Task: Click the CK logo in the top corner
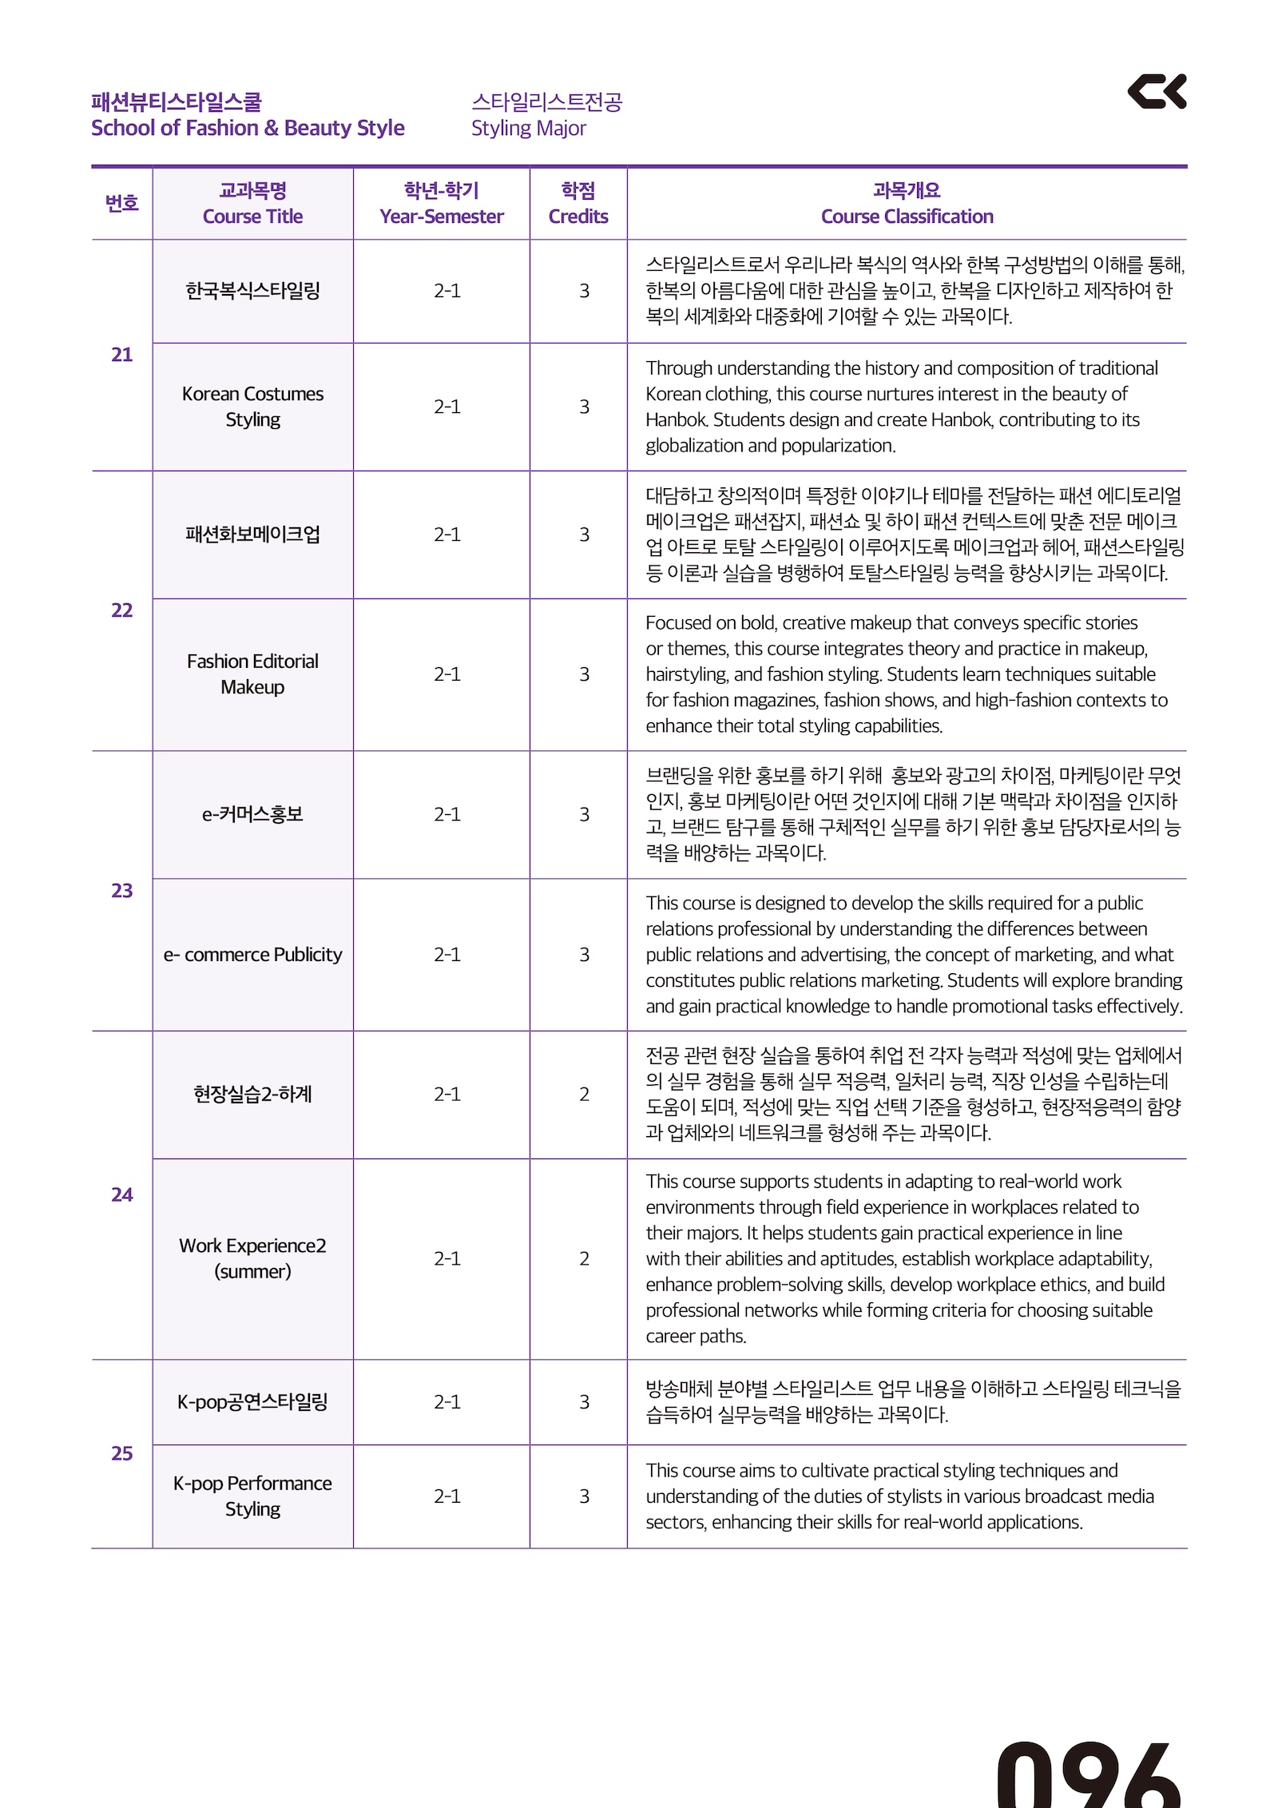1156,91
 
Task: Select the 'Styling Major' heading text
528,129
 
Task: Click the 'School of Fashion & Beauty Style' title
248,129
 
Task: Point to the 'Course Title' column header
252,217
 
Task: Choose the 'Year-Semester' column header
441,217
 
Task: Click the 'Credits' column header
577,217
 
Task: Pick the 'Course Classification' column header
907,217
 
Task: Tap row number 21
121,355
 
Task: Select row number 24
121,1194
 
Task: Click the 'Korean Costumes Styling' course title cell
252,407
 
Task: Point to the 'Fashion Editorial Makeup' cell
252,674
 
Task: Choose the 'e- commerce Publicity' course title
252,955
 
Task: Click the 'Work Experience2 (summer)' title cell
252,1258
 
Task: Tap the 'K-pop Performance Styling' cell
252,1496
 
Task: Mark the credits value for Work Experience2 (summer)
584,1259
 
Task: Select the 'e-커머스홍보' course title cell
252,814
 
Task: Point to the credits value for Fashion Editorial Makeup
584,674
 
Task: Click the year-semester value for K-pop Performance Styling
447,1496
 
